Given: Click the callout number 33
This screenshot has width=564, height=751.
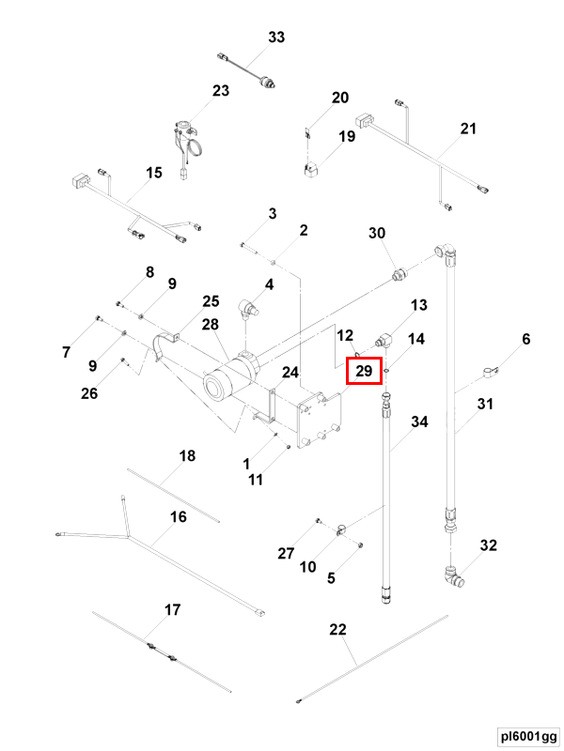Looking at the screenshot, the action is click(276, 37).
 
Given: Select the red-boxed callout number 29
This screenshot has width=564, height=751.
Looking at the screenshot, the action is click(364, 371).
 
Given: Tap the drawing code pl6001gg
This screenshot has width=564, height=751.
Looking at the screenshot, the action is click(528, 736).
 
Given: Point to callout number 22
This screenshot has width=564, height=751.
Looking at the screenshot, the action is click(337, 629).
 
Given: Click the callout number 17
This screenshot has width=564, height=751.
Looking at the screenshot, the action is click(173, 609).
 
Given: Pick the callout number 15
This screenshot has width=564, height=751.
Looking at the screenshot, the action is click(154, 173).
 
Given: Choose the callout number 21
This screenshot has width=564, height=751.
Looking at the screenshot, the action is click(468, 129).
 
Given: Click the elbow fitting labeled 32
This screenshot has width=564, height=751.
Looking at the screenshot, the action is click(453, 575).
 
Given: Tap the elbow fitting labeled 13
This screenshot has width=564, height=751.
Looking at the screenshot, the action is click(384, 340).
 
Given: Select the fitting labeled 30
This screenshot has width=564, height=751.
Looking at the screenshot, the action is click(399, 275).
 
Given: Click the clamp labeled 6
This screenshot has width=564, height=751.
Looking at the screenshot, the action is click(490, 372).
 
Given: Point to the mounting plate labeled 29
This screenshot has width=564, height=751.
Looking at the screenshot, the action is click(320, 420).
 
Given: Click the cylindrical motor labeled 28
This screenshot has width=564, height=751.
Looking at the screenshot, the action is click(230, 378).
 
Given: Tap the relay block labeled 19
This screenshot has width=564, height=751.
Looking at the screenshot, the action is click(311, 170).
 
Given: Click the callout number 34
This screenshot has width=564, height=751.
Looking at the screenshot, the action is click(419, 421).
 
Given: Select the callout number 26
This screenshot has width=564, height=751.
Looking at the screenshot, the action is click(89, 393).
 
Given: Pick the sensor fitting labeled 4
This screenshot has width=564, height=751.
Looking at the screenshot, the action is click(249, 309).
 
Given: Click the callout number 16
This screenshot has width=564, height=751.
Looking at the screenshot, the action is click(179, 517).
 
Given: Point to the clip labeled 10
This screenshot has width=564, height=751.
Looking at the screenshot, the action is click(341, 529).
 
